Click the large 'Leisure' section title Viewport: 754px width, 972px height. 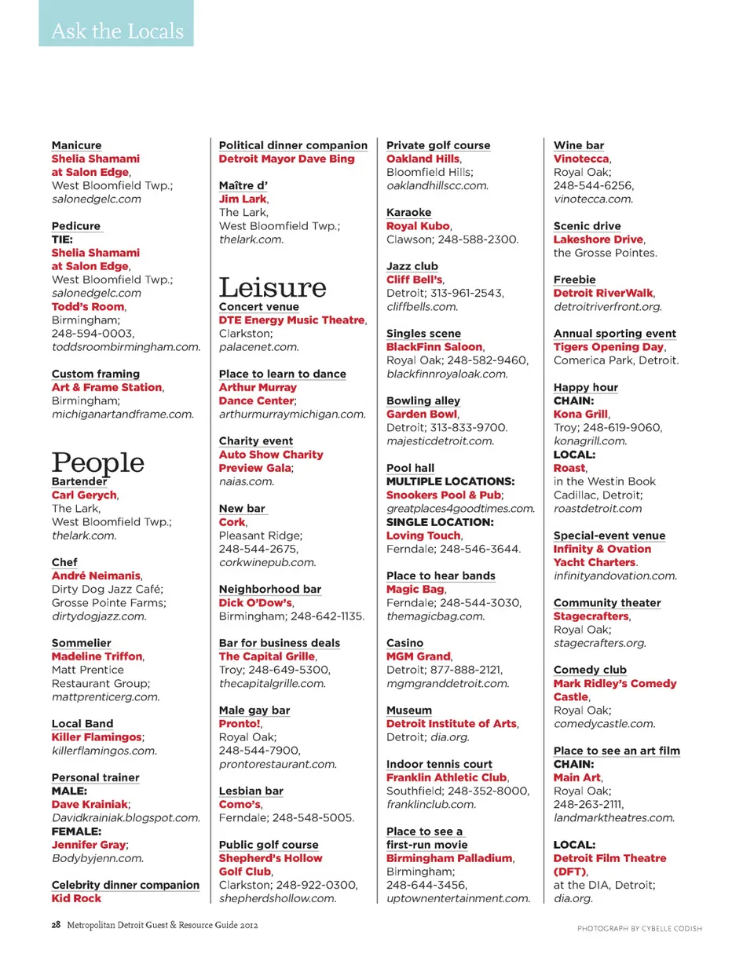pyautogui.click(x=272, y=287)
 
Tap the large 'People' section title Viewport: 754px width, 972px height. pyautogui.click(x=98, y=462)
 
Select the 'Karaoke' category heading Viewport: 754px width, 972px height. pyautogui.click(x=408, y=213)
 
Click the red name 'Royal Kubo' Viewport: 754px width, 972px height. pyautogui.click(x=418, y=226)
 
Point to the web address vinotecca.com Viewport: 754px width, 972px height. pyautogui.click(x=593, y=199)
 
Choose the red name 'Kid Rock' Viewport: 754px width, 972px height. pyautogui.click(x=76, y=898)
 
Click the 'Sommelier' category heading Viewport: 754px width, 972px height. pyautogui.click(x=82, y=643)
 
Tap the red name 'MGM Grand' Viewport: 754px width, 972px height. pyautogui.click(x=418, y=656)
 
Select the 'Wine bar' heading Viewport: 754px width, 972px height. pyautogui.click(x=579, y=145)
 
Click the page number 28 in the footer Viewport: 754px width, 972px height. pyautogui.click(x=56, y=925)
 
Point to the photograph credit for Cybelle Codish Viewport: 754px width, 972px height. pyautogui.click(x=639, y=929)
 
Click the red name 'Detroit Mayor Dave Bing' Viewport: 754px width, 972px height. pyautogui.click(x=287, y=159)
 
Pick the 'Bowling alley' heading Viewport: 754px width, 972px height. pyautogui.click(x=423, y=400)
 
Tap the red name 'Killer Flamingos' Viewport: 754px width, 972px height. pyautogui.click(x=97, y=737)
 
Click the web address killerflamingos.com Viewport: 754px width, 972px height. pyautogui.click(x=104, y=751)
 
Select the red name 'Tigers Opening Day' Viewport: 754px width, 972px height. pyautogui.click(x=609, y=347)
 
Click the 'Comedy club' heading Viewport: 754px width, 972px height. pyautogui.click(x=590, y=670)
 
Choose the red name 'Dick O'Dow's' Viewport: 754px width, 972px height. pyautogui.click(x=255, y=603)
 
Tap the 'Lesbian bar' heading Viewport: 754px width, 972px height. pyautogui.click(x=251, y=791)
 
